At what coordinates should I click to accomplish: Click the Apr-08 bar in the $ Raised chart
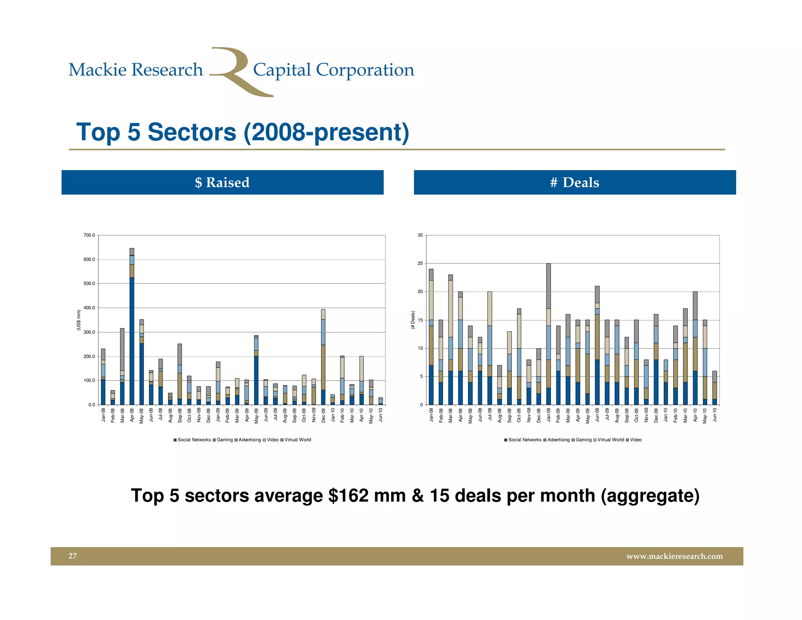[132, 329]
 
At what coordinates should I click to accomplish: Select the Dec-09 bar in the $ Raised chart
[323, 357]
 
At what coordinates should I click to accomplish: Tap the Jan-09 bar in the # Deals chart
[548, 333]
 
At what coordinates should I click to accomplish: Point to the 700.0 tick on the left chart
[89, 235]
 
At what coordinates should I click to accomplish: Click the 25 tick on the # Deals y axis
[420, 263]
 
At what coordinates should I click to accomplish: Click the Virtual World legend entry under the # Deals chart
[611, 440]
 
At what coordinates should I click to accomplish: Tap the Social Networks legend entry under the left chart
[194, 440]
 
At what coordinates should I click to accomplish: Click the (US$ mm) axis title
[78, 320]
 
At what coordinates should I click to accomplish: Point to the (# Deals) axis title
[413, 320]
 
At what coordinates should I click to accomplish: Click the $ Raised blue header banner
[222, 182]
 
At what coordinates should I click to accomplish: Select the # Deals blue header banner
[574, 182]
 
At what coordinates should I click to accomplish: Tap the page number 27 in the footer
[73, 556]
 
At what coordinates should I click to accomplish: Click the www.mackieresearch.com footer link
[674, 556]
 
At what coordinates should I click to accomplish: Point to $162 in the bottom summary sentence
[348, 495]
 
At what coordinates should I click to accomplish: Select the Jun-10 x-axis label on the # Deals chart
[715, 415]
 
